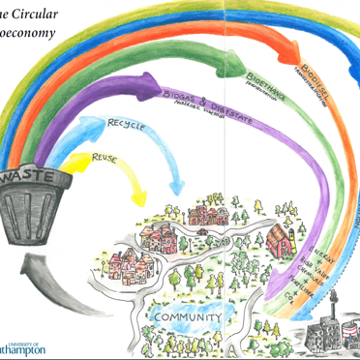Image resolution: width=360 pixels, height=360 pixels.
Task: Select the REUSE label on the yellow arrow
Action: click(x=105, y=155)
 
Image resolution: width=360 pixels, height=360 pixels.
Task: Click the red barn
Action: click(x=276, y=236)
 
